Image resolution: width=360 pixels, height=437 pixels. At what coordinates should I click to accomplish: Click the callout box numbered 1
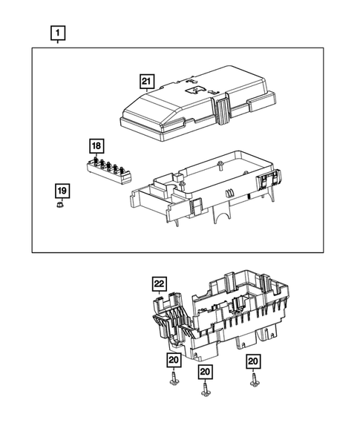pos(58,33)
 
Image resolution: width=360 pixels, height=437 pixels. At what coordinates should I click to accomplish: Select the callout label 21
pos(148,82)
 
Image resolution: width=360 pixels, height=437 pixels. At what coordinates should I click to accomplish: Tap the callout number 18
pos(96,145)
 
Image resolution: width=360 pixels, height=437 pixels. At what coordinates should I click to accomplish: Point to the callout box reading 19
pos(62,191)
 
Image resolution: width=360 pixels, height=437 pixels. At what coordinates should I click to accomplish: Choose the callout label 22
pos(158,283)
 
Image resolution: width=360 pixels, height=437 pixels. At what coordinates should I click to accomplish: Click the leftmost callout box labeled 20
pos(173,360)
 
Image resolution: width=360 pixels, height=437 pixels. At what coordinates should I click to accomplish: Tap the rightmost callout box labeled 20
pos(254,361)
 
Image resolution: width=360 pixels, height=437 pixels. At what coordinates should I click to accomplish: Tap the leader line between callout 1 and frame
pos(58,44)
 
